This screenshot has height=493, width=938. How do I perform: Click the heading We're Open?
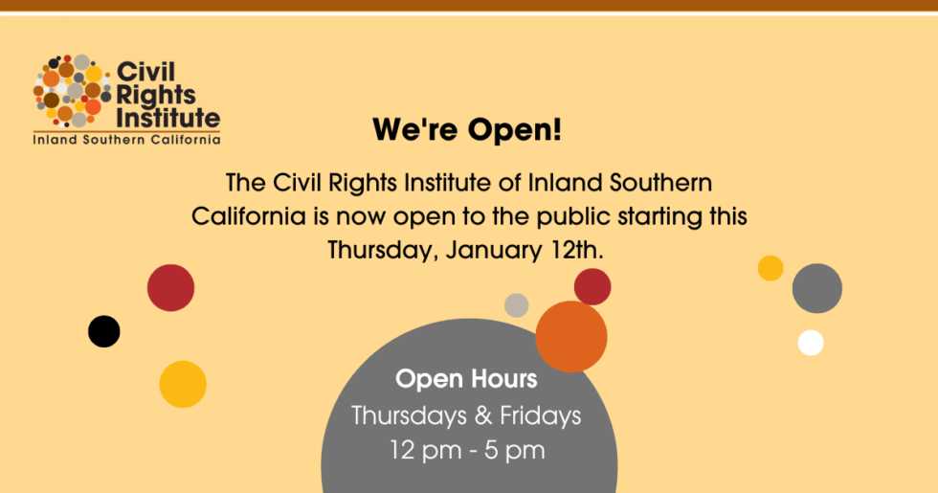pos(467,129)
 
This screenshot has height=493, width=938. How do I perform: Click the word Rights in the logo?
pos(155,95)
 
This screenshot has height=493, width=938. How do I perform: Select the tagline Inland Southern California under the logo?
pos(127,140)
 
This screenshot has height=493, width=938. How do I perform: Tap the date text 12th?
pos(572,250)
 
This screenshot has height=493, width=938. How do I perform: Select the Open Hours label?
pos(467,379)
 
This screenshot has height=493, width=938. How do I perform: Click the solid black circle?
pos(104,331)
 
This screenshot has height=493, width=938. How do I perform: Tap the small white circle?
pos(811,343)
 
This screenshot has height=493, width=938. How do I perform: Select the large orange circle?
pos(571,336)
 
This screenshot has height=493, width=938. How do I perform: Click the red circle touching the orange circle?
pos(592,286)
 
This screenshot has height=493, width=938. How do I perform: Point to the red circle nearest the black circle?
pos(170,287)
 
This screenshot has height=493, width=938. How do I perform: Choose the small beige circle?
pos(517,305)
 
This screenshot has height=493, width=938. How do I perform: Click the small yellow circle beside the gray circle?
pos(770,268)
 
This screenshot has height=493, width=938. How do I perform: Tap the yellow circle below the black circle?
pos(183,384)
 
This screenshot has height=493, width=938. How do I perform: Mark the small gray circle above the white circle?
pos(817,288)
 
